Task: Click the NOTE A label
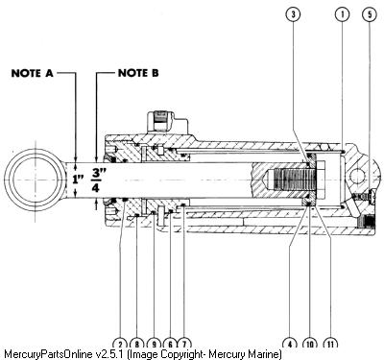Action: pos(32,73)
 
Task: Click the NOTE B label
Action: pos(138,73)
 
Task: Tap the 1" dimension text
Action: pos(78,179)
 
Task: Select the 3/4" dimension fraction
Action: pos(96,180)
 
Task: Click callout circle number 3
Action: pos(294,14)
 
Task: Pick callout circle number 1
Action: pos(342,14)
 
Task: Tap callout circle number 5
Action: pos(370,14)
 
